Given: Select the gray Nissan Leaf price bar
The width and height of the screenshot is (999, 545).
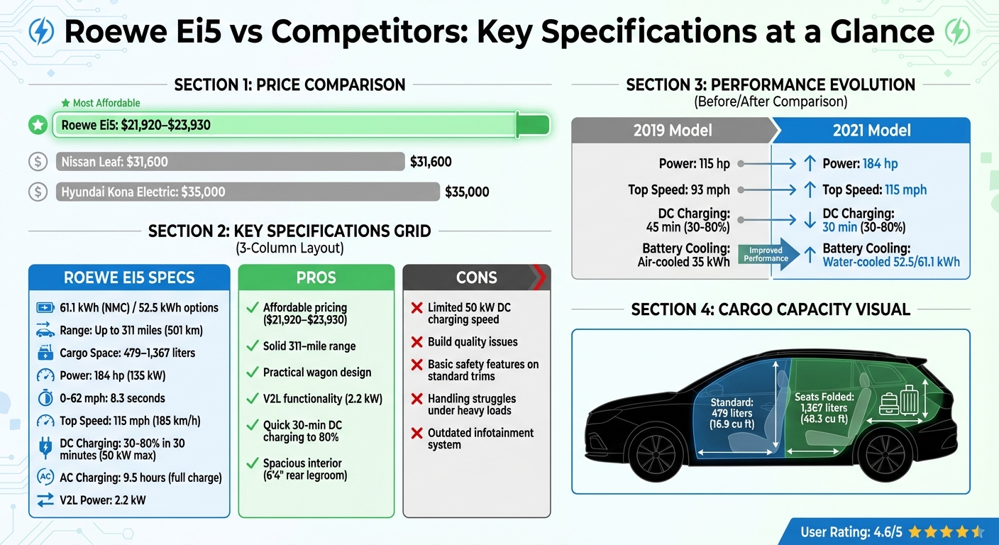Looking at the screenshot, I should [x=230, y=162].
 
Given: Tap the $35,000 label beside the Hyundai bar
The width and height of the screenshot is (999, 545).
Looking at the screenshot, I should [x=467, y=192].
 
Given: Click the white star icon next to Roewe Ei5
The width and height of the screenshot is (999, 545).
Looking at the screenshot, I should [x=38, y=126].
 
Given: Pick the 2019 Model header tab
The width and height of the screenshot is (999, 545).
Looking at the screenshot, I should [x=672, y=131].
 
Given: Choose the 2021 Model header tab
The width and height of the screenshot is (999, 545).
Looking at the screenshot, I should [x=871, y=131].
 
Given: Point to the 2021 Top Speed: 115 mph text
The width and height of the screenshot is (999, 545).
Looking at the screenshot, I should [x=874, y=189].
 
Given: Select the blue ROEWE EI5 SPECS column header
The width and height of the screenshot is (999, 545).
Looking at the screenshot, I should [x=129, y=277].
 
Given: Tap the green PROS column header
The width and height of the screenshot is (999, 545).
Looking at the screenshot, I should [x=316, y=277].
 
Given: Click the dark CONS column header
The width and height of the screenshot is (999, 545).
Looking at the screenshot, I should [x=476, y=277].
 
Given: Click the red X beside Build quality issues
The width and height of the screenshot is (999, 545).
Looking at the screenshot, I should [x=417, y=342].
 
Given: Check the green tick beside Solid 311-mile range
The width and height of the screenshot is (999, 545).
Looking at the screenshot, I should [x=251, y=346].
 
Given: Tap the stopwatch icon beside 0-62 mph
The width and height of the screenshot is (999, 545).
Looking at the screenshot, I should [x=45, y=398].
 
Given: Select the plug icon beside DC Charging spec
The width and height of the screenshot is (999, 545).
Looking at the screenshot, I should [x=45, y=449].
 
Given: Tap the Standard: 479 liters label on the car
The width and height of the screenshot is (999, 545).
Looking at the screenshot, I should [x=731, y=414].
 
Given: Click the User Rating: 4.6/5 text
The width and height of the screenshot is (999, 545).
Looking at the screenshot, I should [x=851, y=532].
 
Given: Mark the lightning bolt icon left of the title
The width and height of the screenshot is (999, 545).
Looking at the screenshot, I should [x=42, y=32].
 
